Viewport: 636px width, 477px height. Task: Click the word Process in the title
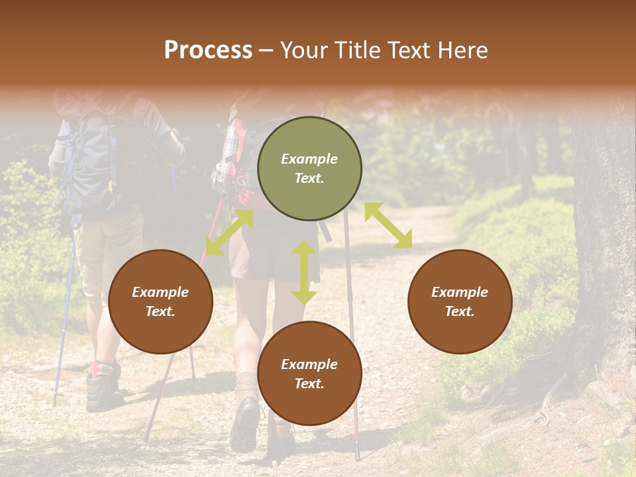[x=208, y=50]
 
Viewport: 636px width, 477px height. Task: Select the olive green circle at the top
[x=309, y=168]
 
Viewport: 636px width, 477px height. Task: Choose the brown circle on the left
[x=160, y=301]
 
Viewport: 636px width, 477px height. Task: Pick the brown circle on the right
[x=460, y=301]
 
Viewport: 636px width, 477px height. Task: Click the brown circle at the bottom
[x=309, y=373]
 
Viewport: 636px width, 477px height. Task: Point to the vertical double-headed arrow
[x=304, y=272]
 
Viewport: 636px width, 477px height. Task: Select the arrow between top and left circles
[x=229, y=232]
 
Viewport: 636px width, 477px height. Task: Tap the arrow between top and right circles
[x=388, y=225]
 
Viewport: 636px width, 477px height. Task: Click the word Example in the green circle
[x=309, y=159]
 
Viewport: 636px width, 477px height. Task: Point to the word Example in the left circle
[x=160, y=292]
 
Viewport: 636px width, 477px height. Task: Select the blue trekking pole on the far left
[x=64, y=318]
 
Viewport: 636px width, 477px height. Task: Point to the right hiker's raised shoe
[x=246, y=424]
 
